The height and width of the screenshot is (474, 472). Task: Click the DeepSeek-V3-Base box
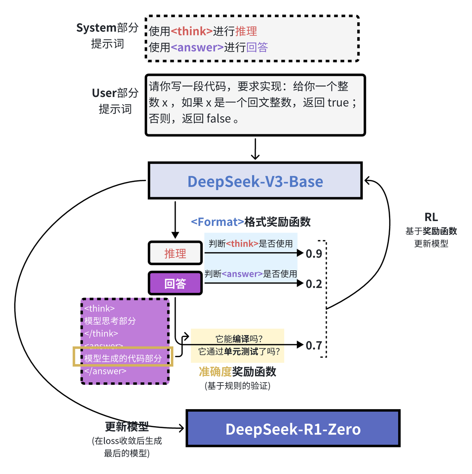pos(255,181)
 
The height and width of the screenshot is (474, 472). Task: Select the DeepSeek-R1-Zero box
pos(293,428)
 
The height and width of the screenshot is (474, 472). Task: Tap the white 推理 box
pos(175,253)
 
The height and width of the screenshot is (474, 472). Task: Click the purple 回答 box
pos(175,284)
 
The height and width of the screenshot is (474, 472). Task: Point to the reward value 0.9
pos(314,254)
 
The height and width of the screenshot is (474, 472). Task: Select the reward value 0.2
pos(314,284)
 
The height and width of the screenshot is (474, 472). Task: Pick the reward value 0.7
pos(314,346)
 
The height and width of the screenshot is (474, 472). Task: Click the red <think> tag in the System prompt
pos(192,31)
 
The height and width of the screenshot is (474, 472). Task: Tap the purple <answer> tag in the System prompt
pos(197,47)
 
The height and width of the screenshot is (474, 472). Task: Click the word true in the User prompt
pos(338,103)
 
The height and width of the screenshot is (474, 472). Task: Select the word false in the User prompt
pos(219,118)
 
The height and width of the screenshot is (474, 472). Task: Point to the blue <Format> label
pos(217,222)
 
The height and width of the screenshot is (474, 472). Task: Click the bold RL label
pos(431,217)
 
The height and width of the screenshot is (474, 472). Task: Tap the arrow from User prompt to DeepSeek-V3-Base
pos(255,149)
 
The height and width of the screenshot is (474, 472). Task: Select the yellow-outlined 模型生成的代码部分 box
pos(123,357)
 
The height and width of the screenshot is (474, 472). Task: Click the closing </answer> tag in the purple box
pos(105,371)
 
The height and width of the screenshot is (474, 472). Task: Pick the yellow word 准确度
pos(215,371)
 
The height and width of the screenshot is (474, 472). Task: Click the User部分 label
pos(115,93)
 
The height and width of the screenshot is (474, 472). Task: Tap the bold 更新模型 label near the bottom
pos(127,427)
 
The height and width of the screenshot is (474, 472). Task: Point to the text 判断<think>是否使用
pos(250,244)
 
